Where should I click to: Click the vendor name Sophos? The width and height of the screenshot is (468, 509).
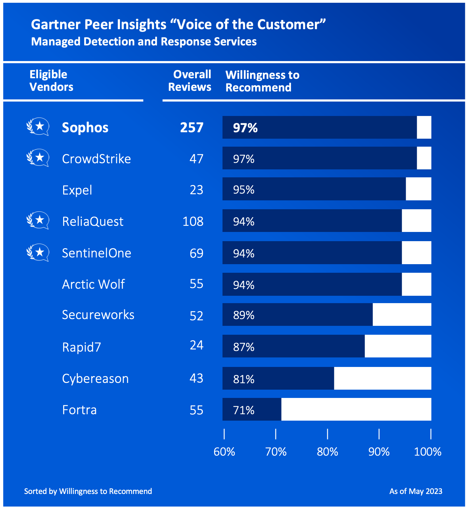point(85,127)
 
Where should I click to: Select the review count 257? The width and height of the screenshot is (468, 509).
point(192,127)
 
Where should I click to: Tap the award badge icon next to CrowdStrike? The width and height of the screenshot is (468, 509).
point(38,158)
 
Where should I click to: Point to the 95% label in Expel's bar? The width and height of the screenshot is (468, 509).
point(244,190)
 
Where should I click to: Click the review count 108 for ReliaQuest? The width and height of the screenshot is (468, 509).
point(193,221)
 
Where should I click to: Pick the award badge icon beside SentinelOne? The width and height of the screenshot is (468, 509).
point(38,253)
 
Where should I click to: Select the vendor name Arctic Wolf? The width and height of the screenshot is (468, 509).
point(93,284)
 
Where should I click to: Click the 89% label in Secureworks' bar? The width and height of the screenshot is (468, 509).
point(244,315)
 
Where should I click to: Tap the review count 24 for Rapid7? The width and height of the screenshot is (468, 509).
point(197,345)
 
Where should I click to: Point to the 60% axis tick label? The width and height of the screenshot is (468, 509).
point(224,452)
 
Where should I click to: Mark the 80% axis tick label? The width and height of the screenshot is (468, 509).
point(327,452)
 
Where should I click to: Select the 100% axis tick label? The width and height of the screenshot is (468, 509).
point(428,452)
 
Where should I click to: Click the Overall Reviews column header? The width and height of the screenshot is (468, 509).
point(190,81)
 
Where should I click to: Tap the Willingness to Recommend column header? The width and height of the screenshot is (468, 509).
point(262,81)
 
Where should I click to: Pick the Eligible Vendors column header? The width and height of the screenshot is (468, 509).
point(51,81)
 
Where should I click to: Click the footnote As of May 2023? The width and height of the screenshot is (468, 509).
point(416,491)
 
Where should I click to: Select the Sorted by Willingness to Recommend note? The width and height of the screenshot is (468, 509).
point(88,491)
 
